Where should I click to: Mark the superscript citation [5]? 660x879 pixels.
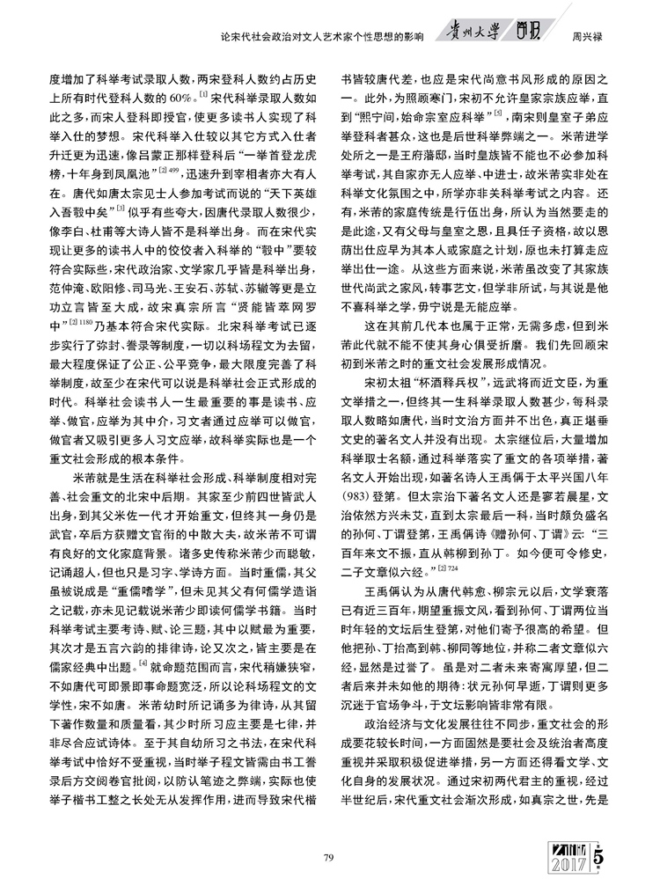tap(499, 114)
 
